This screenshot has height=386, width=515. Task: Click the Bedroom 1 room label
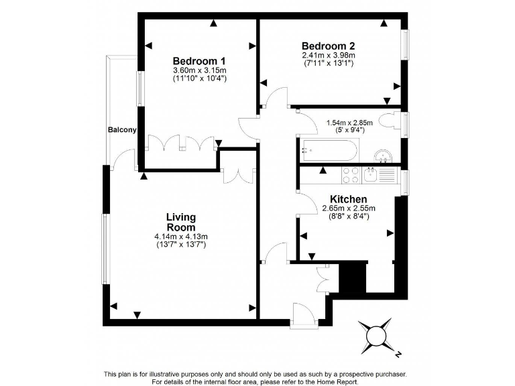(199, 58)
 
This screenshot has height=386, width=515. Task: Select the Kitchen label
(348, 199)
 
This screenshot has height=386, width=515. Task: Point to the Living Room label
(181, 222)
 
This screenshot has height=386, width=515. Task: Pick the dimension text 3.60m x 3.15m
(200, 70)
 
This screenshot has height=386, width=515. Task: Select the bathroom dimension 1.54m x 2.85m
(345, 123)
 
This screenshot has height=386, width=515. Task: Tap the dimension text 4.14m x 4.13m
(181, 237)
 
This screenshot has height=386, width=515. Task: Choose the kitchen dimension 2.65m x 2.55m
(348, 208)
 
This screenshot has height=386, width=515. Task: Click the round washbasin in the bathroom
(383, 155)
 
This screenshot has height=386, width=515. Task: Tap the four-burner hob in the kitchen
(351, 175)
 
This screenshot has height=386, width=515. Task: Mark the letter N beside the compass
(398, 353)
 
